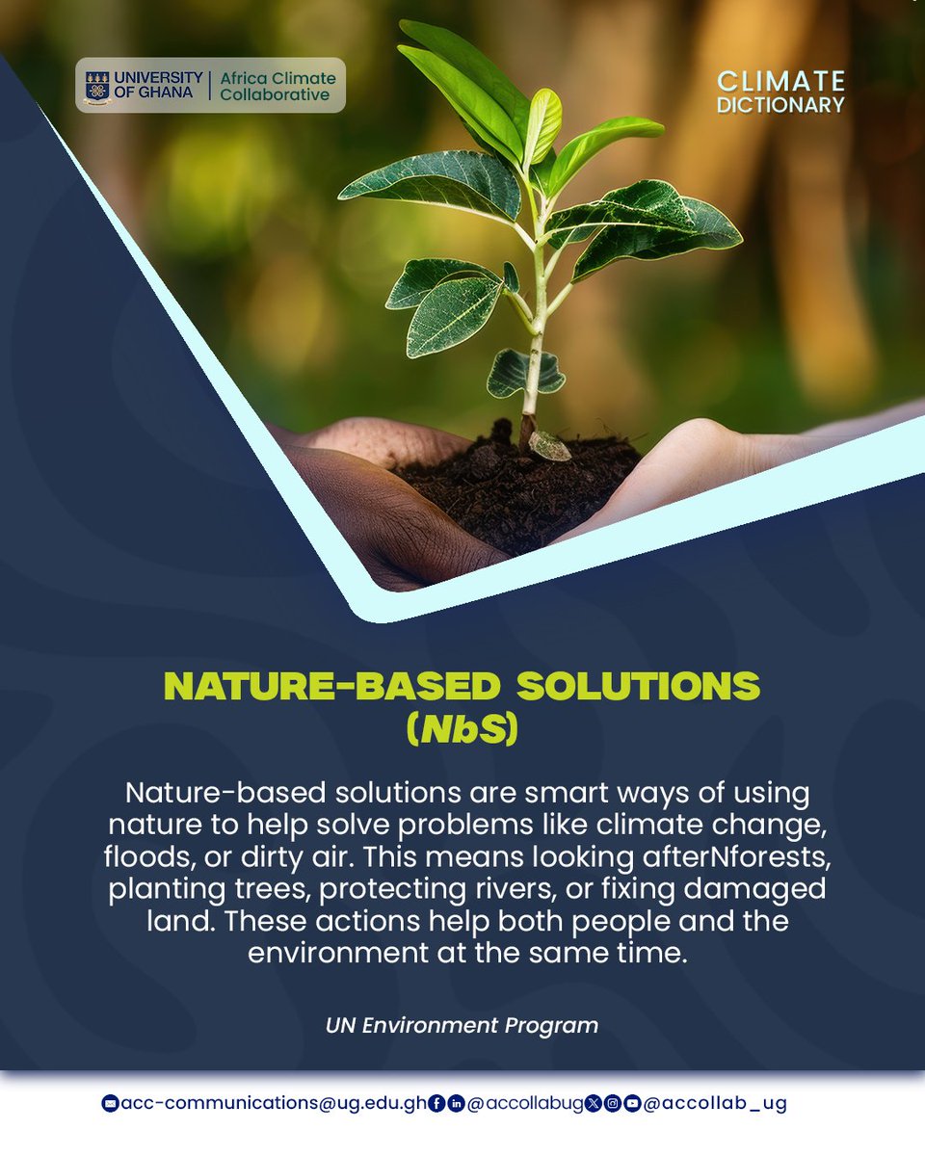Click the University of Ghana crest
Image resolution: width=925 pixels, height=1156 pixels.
97,86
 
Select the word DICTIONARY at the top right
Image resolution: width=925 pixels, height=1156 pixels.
780,104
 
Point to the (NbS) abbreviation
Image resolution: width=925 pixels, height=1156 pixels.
462,729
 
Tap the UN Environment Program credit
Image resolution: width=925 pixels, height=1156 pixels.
462,1025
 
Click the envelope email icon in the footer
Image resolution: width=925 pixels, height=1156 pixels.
109,1104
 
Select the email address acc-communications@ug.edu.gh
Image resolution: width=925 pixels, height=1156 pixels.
272,1104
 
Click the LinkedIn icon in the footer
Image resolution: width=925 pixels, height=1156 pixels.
456,1104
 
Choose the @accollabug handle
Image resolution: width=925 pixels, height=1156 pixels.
525,1104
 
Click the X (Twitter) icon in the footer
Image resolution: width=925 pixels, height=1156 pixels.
595,1104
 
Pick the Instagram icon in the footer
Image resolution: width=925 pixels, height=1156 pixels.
613,1104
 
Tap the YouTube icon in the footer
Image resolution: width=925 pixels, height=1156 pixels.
631,1104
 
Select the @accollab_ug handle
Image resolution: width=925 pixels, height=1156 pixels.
714,1104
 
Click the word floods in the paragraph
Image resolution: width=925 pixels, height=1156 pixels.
143,858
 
